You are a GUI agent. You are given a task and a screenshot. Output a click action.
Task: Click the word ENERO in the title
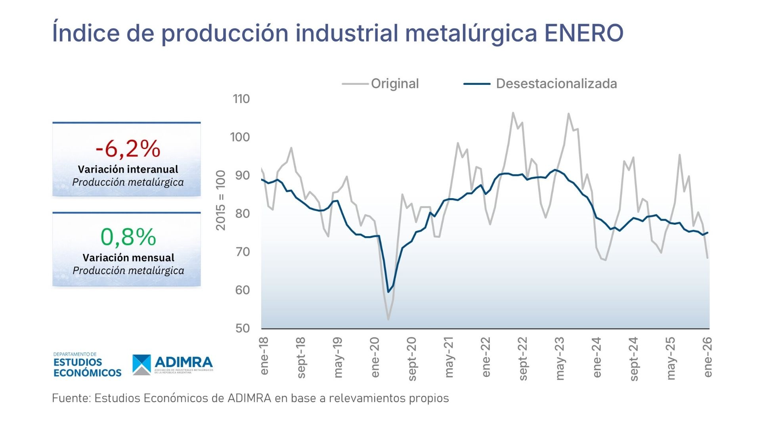click(584, 33)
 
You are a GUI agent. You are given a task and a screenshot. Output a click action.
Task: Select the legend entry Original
click(394, 84)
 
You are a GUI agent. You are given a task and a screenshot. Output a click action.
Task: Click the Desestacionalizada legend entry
click(556, 84)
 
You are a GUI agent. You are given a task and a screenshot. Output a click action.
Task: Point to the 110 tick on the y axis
click(241, 99)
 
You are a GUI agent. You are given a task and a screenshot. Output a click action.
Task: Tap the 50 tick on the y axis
click(242, 328)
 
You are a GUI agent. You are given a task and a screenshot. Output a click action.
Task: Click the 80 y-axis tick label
click(242, 214)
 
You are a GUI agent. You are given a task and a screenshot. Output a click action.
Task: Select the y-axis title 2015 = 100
click(220, 200)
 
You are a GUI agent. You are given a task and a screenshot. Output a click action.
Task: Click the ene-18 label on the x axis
click(264, 356)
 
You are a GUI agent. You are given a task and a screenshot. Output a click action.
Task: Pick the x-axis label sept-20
click(412, 359)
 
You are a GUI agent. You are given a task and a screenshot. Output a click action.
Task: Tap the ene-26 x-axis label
click(708, 357)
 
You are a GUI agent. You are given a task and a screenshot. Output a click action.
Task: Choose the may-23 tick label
click(560, 358)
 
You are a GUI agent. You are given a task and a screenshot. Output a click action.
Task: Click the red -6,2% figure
click(128, 149)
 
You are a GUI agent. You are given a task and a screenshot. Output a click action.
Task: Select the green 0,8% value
click(128, 237)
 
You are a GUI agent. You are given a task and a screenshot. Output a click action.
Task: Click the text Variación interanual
click(128, 169)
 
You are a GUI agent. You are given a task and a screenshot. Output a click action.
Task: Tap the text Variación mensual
click(128, 258)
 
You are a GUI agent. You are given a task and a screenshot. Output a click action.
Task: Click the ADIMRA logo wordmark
click(183, 362)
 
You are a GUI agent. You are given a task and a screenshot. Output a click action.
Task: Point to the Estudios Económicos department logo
click(87, 365)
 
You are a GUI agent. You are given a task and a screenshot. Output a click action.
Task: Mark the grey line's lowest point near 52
click(388, 319)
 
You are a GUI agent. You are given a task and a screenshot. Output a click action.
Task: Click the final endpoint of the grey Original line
click(707, 258)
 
